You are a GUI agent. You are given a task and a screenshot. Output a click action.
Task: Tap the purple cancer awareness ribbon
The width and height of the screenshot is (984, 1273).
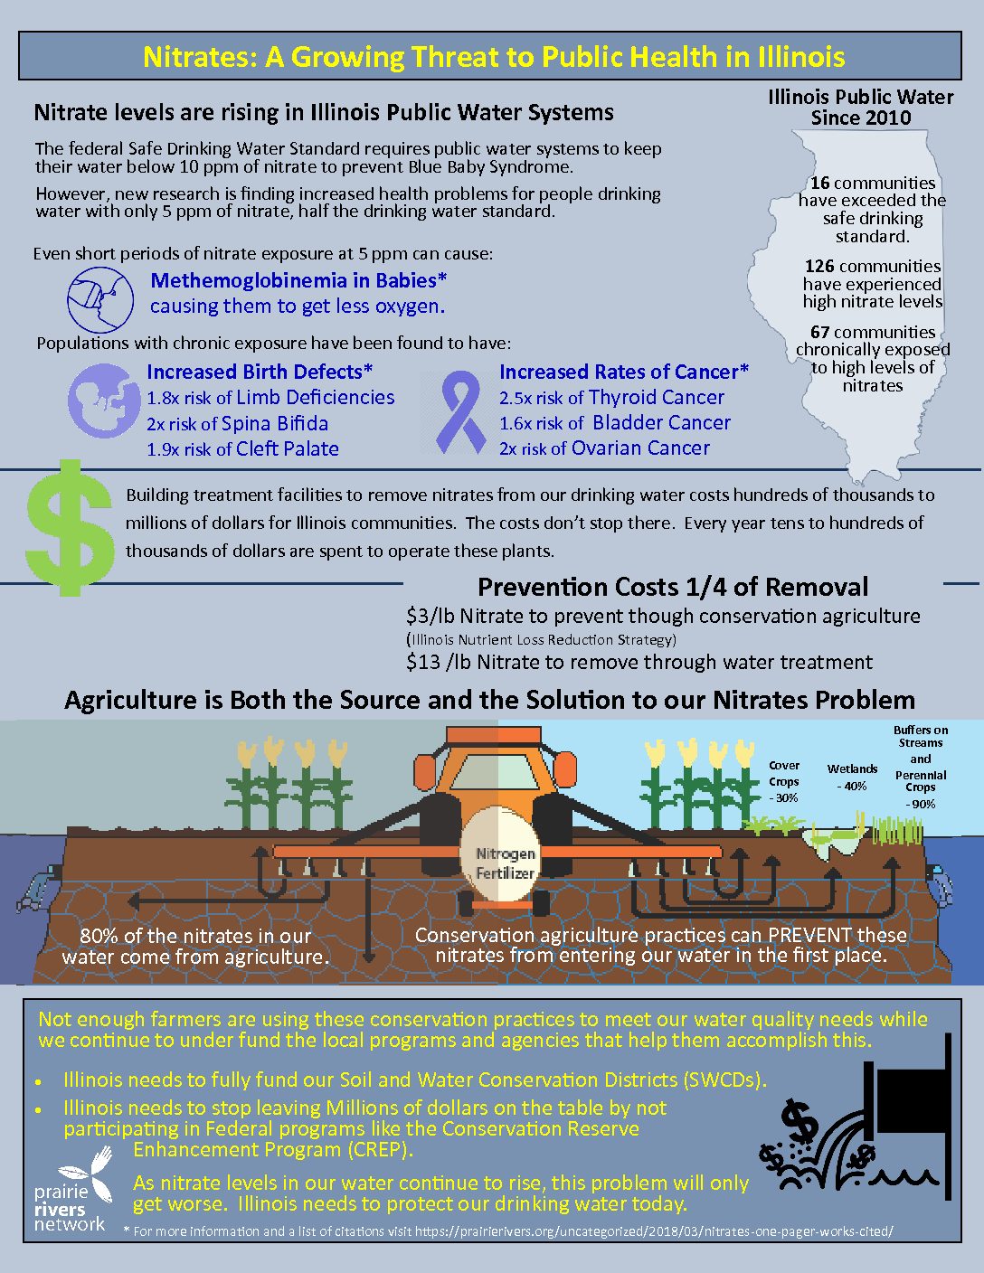tap(461, 412)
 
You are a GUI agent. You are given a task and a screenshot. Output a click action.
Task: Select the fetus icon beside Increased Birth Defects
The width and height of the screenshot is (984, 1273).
tap(100, 401)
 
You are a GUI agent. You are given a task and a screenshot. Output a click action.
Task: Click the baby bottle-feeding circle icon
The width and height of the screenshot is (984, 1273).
tap(100, 300)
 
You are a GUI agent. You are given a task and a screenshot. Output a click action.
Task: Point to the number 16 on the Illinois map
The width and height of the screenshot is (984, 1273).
tap(820, 183)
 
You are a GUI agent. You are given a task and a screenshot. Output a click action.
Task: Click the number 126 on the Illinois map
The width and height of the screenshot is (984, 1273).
tap(819, 266)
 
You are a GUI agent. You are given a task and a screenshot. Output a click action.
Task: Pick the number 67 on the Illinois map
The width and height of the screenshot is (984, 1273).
tap(820, 332)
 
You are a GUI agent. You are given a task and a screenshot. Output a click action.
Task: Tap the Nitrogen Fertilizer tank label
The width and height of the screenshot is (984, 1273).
tap(506, 863)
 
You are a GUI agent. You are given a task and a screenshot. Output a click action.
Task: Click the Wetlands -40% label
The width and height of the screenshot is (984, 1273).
tap(852, 778)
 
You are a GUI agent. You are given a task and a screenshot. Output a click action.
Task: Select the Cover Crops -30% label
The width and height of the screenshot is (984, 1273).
tap(783, 781)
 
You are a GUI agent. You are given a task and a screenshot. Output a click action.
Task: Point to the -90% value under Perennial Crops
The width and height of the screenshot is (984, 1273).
tap(920, 804)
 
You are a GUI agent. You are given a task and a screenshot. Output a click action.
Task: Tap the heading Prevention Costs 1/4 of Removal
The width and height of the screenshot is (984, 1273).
tap(673, 587)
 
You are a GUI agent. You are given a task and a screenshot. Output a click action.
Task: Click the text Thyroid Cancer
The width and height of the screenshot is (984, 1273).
tap(657, 397)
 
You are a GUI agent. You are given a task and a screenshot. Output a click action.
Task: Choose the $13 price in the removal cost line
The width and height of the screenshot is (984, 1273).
tap(423, 662)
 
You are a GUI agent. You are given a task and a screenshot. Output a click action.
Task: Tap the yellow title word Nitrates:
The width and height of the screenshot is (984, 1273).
tap(200, 57)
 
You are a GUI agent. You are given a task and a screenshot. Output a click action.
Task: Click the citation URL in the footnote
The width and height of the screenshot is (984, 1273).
tap(655, 1231)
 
